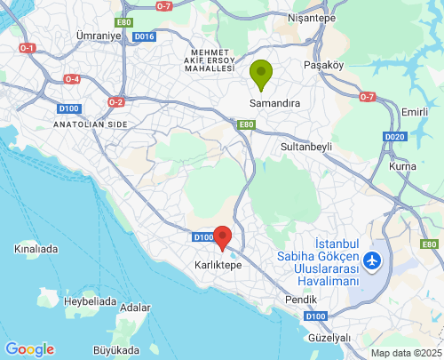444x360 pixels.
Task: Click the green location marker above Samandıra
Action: [x=260, y=74]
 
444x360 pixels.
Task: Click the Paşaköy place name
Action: [x=322, y=65]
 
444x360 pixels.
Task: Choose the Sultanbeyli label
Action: [x=305, y=146]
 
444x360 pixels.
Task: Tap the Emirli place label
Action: [x=414, y=111]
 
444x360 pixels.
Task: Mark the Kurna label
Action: [x=402, y=167]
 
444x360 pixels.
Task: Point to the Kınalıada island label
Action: [x=36, y=249]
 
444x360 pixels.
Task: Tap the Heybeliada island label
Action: [x=90, y=301]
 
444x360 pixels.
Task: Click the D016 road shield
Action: [x=144, y=36]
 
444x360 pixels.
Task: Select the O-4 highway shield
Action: [x=71, y=79]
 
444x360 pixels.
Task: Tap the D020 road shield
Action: [x=396, y=136]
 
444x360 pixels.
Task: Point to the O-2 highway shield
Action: [x=115, y=102]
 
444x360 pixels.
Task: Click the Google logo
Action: [x=29, y=349]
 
